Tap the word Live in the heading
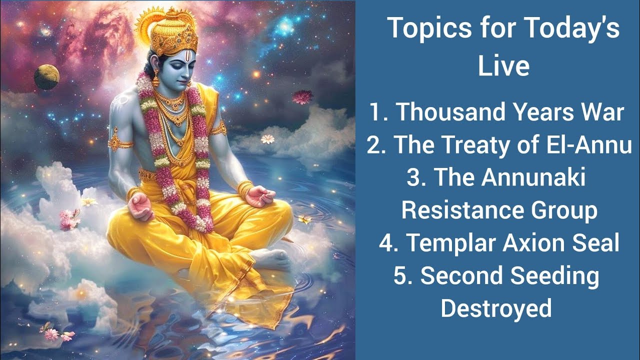(503, 66)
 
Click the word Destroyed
(496, 308)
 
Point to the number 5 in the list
(400, 276)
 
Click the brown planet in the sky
(47, 77)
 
